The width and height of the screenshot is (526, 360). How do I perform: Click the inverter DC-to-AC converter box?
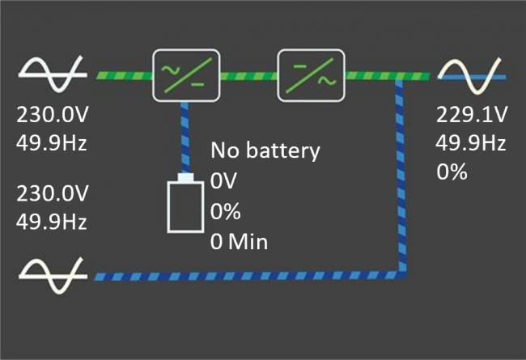tap(311, 74)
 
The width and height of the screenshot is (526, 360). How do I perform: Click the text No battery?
tap(265, 150)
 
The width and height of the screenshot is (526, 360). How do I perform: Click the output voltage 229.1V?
tap(471, 114)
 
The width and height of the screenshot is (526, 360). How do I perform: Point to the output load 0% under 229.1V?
tap(452, 172)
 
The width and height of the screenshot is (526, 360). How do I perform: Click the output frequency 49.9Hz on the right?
tap(471, 143)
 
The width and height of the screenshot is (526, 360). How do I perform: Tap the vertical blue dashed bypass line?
tap(401, 178)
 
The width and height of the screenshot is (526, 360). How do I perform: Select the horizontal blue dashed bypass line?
tap(243, 277)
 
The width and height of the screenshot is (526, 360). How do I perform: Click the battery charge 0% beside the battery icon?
tap(226, 211)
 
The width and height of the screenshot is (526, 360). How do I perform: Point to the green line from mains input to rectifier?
tap(123, 75)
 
